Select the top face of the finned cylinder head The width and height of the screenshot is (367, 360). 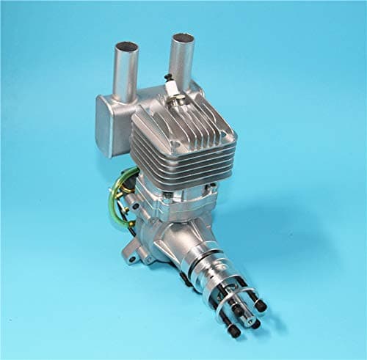(x=183, y=121)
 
